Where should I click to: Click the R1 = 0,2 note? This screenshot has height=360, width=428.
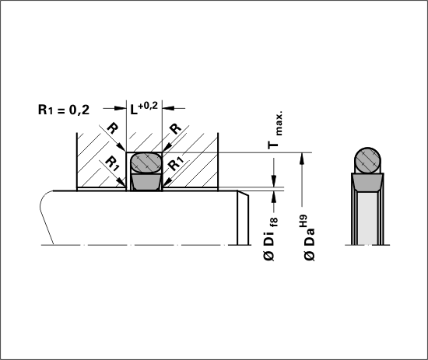click(x=64, y=110)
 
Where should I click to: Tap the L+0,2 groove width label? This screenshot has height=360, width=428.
click(x=144, y=108)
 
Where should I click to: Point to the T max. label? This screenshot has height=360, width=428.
click(x=275, y=130)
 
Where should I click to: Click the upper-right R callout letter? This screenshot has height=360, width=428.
click(x=175, y=128)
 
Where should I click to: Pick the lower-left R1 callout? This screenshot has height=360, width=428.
click(x=112, y=163)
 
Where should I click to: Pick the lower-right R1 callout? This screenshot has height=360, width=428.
click(x=176, y=163)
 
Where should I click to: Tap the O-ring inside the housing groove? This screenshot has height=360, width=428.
click(x=146, y=163)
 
